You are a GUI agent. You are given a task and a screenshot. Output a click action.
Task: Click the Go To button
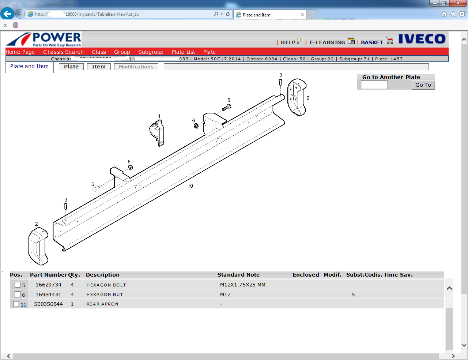coord(423,85)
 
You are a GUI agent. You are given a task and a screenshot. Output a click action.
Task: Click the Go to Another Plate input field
coord(374,85)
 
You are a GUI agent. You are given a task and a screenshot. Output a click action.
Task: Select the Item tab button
coord(99,67)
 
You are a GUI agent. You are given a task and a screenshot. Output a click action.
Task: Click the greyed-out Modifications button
coord(136,67)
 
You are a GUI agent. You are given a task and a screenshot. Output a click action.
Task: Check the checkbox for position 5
coord(18,285)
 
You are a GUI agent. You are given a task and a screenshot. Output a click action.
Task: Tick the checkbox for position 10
coord(16,304)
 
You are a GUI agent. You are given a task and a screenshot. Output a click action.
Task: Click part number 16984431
coord(48,295)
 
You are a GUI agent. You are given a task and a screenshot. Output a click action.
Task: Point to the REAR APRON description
coord(102,304)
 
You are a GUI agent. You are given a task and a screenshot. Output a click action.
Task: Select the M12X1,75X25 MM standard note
coord(242,285)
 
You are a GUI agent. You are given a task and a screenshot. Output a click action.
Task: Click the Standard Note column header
coord(238,275)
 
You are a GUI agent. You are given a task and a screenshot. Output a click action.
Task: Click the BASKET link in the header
coord(372,42)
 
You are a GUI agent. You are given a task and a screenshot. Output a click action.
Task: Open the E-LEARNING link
coord(327,42)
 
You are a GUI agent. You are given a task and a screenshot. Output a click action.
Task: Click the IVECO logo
coord(422,39)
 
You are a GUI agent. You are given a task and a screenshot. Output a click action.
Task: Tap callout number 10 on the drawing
coord(190,186)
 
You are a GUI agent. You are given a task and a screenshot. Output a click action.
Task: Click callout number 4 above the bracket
coord(159,116)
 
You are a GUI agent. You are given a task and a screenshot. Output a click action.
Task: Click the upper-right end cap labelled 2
coord(297,97)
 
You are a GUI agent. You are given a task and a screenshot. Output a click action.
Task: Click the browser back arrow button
coord(7,14)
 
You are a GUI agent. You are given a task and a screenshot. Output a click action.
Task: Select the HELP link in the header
coord(288,42)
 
